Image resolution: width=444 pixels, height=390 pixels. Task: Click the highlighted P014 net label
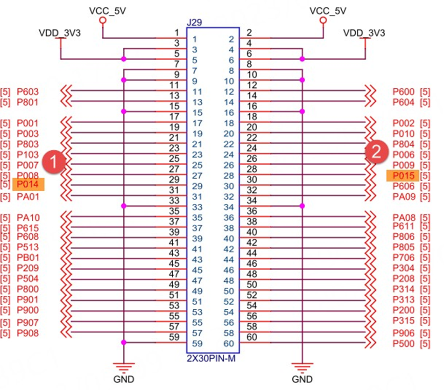click(28, 185)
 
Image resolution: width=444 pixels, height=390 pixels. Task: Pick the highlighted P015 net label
click(402, 175)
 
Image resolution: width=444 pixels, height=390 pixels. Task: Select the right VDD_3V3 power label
click(364, 33)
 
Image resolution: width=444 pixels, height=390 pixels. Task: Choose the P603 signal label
click(28, 91)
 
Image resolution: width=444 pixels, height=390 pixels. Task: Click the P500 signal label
click(403, 344)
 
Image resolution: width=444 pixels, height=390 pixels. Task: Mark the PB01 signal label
click(28, 258)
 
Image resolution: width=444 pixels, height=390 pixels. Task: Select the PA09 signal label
click(403, 196)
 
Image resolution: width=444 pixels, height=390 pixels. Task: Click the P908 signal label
click(28, 333)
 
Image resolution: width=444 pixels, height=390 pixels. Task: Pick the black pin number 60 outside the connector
click(252, 337)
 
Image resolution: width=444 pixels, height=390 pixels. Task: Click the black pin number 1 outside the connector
click(177, 32)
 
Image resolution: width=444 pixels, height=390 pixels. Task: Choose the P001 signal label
click(28, 124)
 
